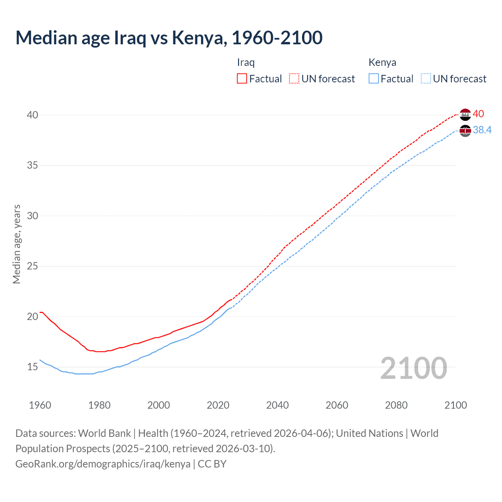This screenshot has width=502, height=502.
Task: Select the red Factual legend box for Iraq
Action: (x=242, y=79)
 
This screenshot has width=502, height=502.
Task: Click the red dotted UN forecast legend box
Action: (x=294, y=79)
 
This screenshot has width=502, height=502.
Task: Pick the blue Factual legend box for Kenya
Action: (x=374, y=79)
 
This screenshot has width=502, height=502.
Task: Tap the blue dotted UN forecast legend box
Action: (x=426, y=79)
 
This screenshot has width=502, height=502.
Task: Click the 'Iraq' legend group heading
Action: (x=246, y=62)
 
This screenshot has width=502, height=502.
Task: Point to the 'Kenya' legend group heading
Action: (x=382, y=62)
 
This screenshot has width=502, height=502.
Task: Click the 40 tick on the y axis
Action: (x=33, y=115)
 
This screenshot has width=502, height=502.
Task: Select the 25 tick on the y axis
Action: (x=33, y=266)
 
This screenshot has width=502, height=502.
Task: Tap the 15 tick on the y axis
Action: (x=33, y=367)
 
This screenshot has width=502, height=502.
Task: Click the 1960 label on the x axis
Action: (x=40, y=405)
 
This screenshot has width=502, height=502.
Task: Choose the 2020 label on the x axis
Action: (x=218, y=405)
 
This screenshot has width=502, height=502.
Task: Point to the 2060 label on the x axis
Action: (x=337, y=405)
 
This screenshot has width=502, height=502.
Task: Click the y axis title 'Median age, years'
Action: (x=16, y=244)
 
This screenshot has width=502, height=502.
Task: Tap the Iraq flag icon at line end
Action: (x=465, y=115)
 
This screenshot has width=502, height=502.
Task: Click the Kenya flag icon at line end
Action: (x=465, y=131)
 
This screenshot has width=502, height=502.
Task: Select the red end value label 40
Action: (x=478, y=114)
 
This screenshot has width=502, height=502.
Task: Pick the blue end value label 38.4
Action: (x=482, y=130)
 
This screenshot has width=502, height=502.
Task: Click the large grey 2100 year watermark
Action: (x=414, y=368)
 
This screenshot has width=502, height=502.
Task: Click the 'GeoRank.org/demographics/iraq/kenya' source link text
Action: (x=103, y=464)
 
